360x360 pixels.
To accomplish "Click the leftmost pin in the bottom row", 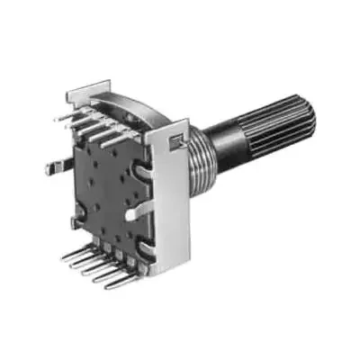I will point(76,256).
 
